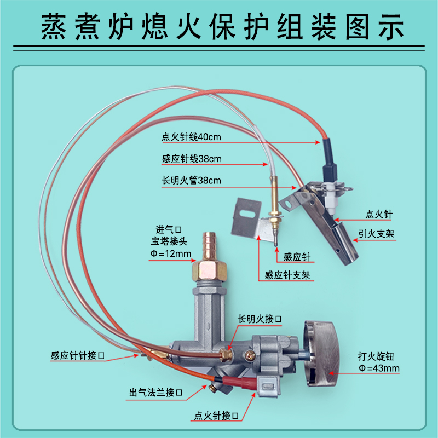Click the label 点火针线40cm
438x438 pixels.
(191, 137)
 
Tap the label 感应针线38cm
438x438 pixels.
(191, 159)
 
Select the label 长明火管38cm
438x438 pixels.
(191, 181)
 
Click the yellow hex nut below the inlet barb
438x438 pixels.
(209, 270)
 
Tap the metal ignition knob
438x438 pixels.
(322, 354)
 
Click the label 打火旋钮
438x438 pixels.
(376, 356)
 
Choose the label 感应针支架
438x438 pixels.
(287, 275)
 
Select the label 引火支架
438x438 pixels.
(376, 234)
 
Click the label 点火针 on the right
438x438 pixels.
(379, 214)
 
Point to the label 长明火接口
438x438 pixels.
(260, 319)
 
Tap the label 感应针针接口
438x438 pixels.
(78, 355)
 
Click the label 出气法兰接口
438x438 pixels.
(155, 393)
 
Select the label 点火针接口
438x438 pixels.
(216, 416)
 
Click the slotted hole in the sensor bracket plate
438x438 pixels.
(247, 214)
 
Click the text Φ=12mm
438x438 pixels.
(171, 253)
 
